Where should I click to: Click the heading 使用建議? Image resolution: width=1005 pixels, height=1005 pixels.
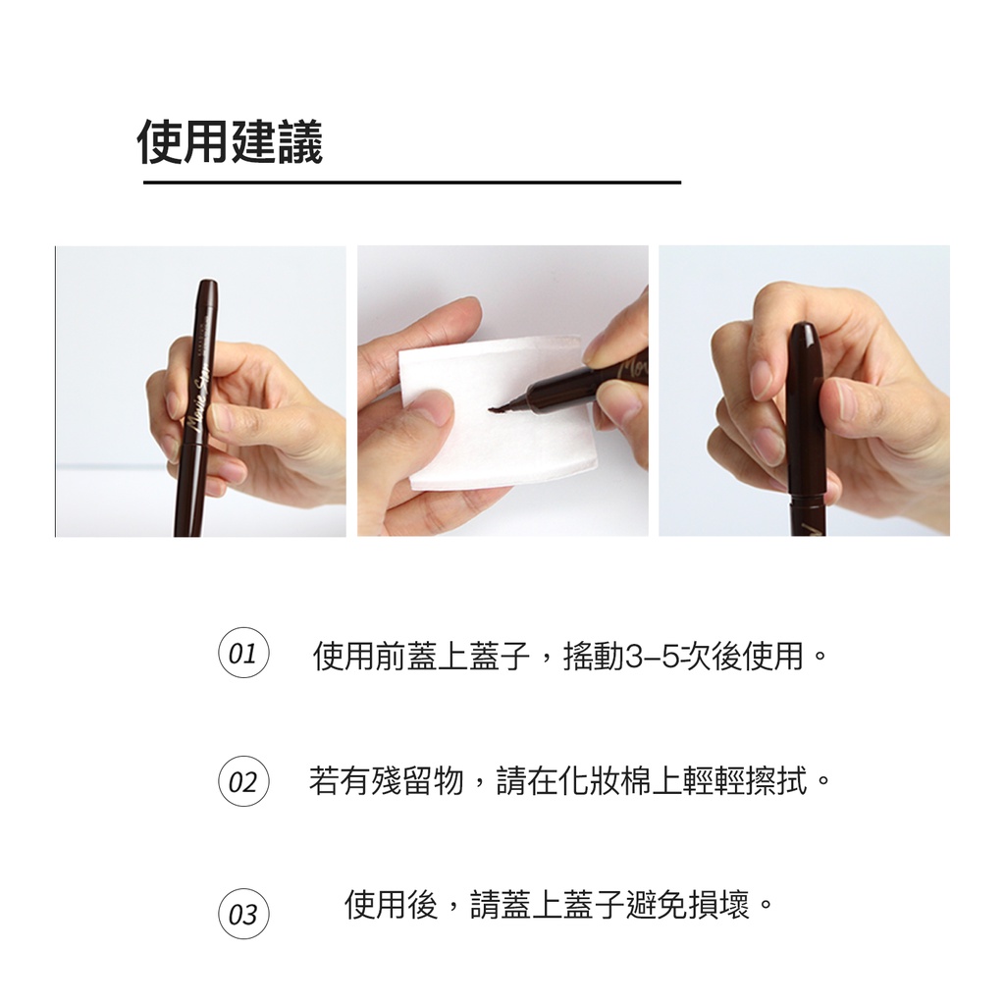(x=230, y=142)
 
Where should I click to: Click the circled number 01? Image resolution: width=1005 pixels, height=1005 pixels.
(x=243, y=653)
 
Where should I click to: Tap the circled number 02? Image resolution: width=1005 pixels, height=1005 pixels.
(x=243, y=781)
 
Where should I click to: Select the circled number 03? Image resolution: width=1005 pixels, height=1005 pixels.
(x=243, y=914)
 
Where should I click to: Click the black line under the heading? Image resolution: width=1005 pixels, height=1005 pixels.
(x=411, y=183)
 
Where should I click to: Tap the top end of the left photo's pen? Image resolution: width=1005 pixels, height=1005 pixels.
(x=208, y=281)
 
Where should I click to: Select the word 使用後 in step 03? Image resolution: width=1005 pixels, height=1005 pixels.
(x=391, y=905)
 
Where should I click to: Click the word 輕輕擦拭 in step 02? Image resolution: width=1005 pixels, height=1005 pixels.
(x=745, y=781)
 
